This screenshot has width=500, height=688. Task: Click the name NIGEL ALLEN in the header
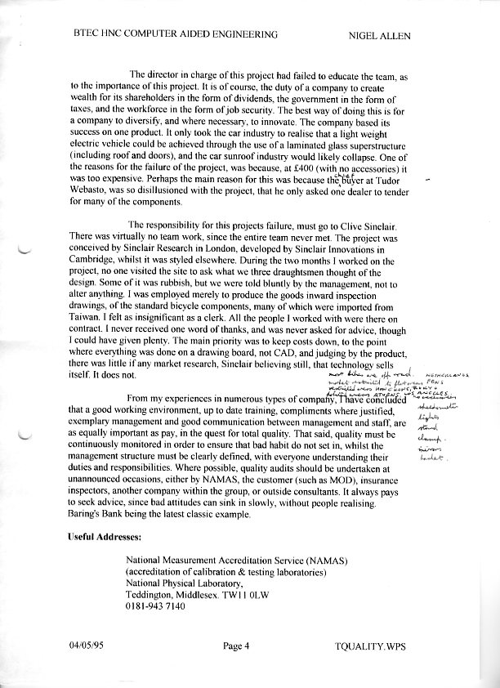379,34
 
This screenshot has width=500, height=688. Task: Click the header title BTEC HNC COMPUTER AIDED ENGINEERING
175,34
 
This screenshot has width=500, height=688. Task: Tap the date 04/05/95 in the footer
86,646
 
